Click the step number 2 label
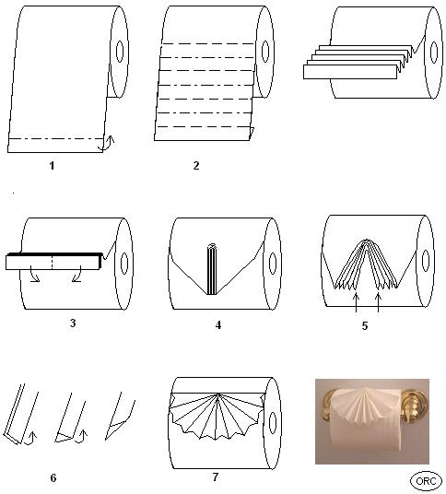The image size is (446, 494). (x=196, y=165)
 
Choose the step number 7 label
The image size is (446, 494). (x=215, y=476)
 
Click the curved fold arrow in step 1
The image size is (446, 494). (x=110, y=143)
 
